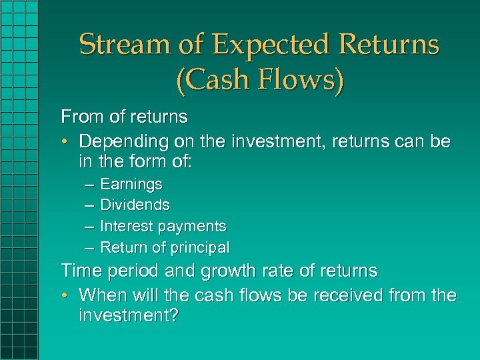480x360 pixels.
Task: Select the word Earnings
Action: click(131, 184)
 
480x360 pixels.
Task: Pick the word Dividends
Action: click(135, 205)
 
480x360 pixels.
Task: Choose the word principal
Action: click(200, 248)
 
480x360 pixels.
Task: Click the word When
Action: click(103, 295)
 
